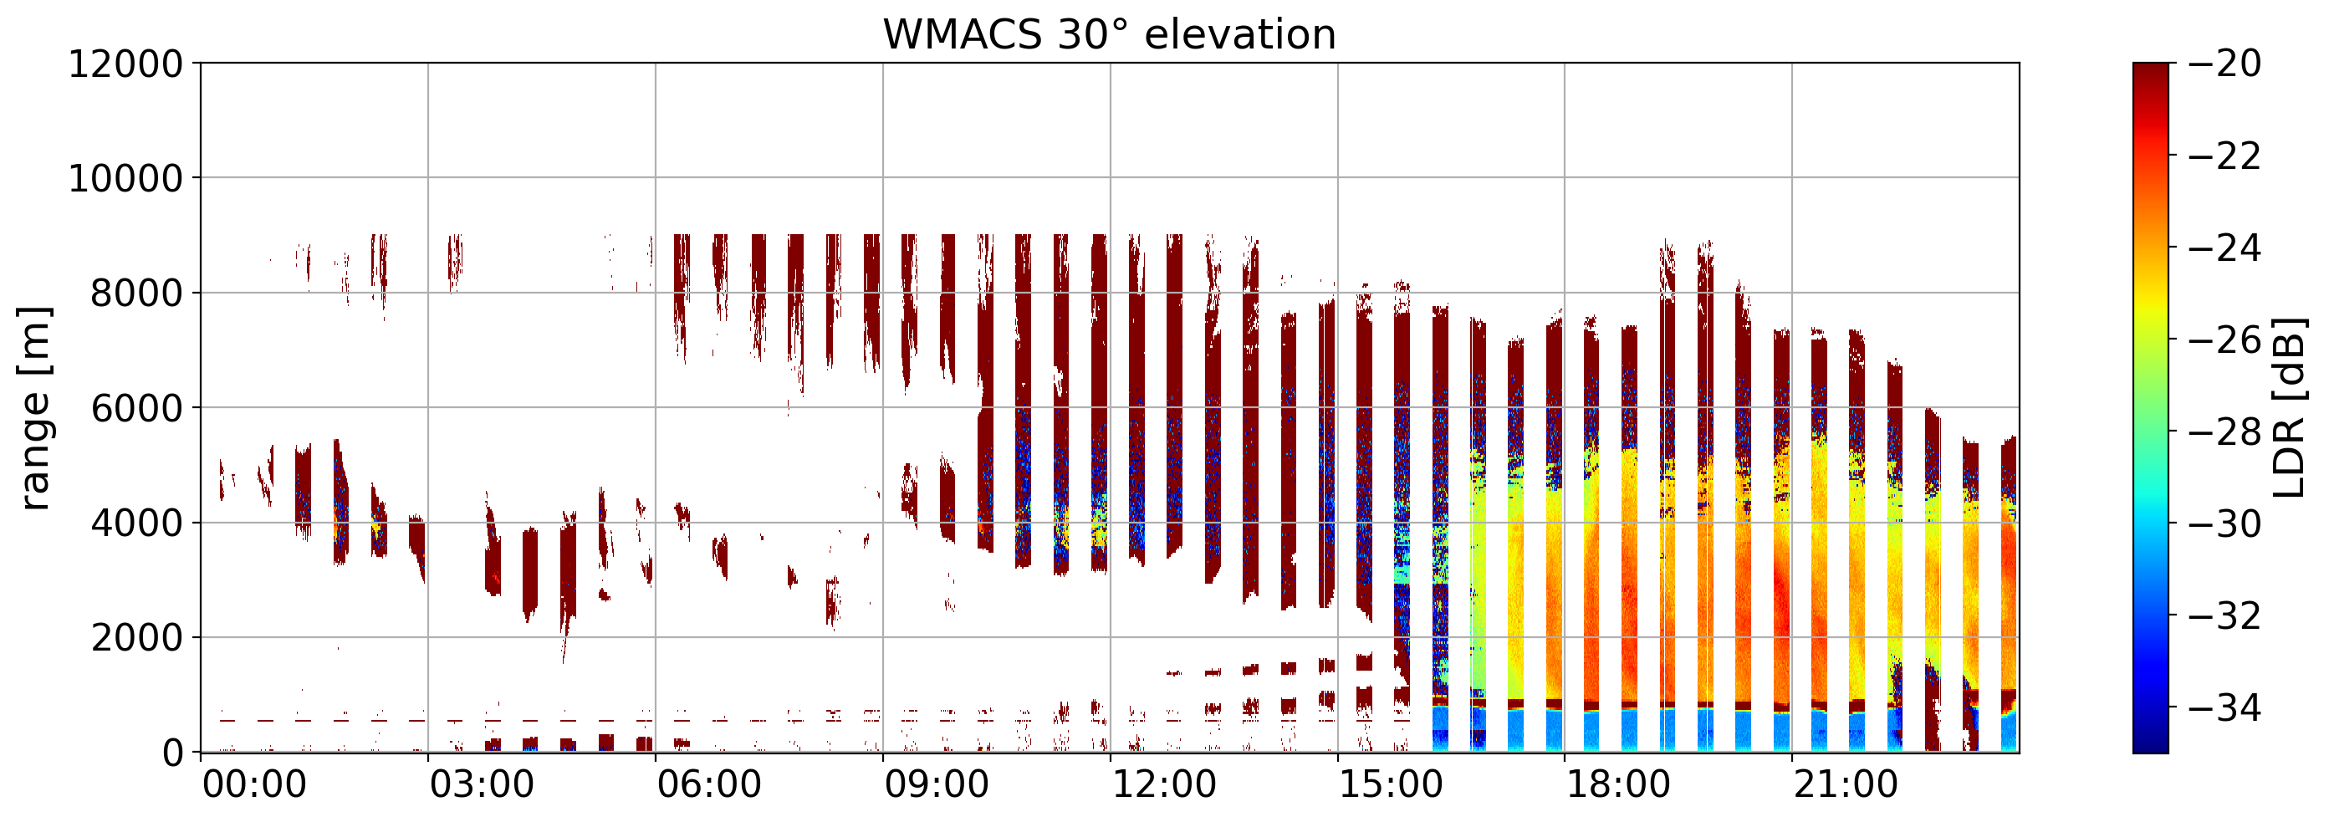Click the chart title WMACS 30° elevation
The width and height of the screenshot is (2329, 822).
(1110, 35)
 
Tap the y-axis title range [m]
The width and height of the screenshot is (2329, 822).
(34, 408)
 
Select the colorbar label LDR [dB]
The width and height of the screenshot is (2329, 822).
(2288, 408)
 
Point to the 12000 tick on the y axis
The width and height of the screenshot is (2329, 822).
(125, 64)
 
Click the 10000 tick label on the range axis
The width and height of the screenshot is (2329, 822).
(125, 179)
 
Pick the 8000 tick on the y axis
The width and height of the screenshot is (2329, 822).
(136, 294)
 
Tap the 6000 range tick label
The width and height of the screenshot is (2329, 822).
(136, 409)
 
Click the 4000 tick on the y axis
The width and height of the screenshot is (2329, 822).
(136, 523)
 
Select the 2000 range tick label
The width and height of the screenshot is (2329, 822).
(136, 638)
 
